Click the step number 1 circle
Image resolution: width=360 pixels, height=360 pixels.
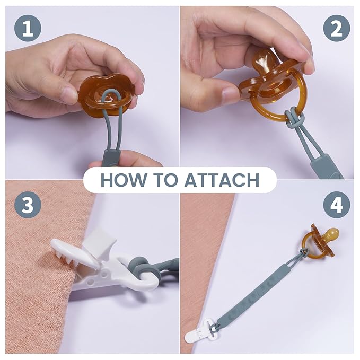(28, 29)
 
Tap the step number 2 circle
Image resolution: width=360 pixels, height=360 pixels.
(337, 29)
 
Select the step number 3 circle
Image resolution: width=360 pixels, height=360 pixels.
(28, 205)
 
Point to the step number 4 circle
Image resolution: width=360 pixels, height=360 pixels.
(337, 205)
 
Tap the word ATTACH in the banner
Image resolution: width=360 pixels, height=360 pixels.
(222, 180)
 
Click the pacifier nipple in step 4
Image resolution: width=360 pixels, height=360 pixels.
(331, 234)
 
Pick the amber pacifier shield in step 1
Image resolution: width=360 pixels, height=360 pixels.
(107, 96)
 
